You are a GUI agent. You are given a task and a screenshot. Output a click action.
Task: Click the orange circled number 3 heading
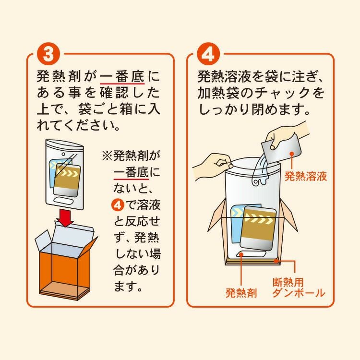48,54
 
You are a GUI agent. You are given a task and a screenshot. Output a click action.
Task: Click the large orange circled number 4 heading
208,54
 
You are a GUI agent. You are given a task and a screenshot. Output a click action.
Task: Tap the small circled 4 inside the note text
118,204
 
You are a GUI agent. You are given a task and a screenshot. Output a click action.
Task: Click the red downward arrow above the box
65,217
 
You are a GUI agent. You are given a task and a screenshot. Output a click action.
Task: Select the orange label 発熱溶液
306,176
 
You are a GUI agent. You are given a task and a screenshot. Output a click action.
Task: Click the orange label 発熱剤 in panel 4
241,293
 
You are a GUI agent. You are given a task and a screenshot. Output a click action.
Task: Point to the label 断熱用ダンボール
299,288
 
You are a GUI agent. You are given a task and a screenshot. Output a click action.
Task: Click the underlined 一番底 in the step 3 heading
122,76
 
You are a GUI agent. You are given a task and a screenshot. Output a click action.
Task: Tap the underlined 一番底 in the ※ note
131,172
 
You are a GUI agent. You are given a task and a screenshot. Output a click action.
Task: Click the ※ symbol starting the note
107,156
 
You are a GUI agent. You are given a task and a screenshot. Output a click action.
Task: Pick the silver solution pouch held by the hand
281,149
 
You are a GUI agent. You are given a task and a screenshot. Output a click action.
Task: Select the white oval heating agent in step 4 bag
251,254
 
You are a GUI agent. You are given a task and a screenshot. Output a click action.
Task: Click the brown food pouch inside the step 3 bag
67,180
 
